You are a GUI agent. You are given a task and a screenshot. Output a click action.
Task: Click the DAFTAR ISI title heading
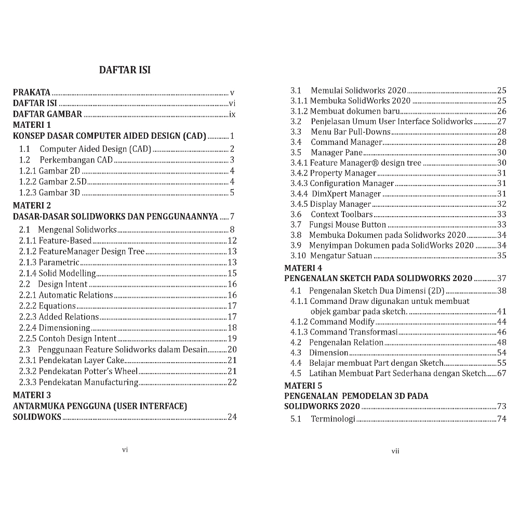click(x=125, y=70)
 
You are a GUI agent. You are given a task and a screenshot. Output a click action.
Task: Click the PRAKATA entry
click(x=32, y=92)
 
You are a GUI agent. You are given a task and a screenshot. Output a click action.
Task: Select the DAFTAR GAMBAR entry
click(x=47, y=114)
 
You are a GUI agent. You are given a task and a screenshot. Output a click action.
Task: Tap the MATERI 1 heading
click(x=32, y=125)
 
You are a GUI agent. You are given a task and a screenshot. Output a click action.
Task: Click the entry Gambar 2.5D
click(x=53, y=181)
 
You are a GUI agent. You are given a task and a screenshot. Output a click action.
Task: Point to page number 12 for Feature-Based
click(x=232, y=241)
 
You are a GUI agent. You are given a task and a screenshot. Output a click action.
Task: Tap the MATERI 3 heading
click(x=32, y=395)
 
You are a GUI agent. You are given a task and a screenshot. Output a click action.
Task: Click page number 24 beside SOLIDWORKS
click(x=232, y=417)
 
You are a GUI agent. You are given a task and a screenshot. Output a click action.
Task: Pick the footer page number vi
click(x=125, y=449)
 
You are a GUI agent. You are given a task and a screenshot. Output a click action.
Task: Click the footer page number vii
click(x=395, y=451)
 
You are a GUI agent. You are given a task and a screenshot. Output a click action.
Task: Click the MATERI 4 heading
click(x=303, y=268)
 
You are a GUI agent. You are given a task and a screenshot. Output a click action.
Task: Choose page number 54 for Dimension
click(x=501, y=353)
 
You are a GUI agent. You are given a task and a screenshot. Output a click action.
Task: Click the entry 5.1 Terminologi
click(x=323, y=419)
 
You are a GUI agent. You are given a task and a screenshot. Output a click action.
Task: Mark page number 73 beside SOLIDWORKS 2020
click(x=501, y=406)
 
